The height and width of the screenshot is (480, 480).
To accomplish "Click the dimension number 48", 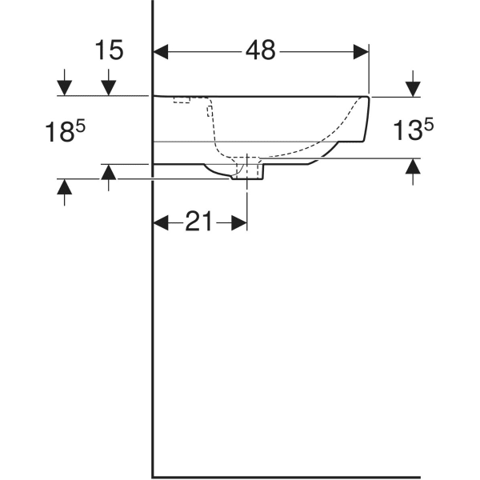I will (260, 50).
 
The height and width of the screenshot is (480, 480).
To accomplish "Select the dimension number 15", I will (110, 50).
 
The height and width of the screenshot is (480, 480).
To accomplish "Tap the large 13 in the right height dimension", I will (406, 130).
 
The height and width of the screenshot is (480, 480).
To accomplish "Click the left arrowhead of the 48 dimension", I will (161, 51).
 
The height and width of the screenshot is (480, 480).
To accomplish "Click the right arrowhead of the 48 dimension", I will (361, 51).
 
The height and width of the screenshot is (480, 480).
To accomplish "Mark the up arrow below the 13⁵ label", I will (413, 168).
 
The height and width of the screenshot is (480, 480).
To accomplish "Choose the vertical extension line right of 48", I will (369, 72).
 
